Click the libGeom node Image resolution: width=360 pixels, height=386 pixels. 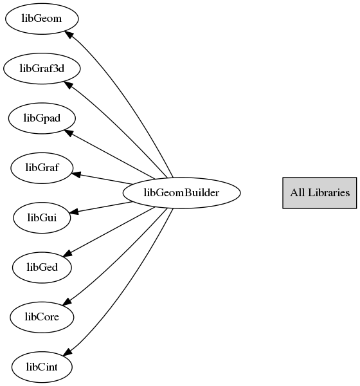click(42, 19)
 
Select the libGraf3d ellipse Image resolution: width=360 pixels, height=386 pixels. click(42, 68)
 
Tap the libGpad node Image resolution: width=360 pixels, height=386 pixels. click(42, 118)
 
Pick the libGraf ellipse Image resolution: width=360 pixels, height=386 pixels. click(42, 168)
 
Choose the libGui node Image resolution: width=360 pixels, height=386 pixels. click(42, 218)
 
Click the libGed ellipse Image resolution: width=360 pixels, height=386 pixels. click(42, 268)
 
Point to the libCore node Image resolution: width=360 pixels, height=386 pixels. click(42, 317)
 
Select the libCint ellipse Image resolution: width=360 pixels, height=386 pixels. click(42, 367)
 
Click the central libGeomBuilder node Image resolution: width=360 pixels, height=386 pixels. click(181, 193)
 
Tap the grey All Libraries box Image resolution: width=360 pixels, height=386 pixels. click(319, 193)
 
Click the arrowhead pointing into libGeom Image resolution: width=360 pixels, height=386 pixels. click(69, 35)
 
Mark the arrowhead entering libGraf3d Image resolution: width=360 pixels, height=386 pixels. click(68, 85)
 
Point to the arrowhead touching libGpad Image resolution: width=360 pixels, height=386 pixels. click(69, 133)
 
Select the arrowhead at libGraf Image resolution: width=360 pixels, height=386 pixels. click(76, 174)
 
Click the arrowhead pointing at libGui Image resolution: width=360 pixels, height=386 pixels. click(74, 212)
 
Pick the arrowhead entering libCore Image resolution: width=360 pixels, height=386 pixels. click(67, 302)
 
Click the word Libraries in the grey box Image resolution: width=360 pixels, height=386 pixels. click(328, 192)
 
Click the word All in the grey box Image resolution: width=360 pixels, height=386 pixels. click(297, 192)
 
